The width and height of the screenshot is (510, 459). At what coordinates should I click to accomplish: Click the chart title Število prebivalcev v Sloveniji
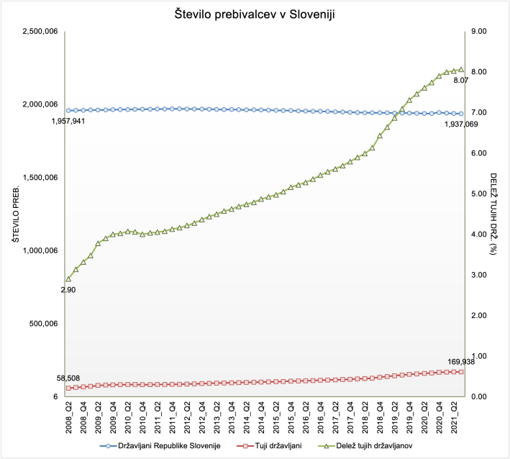tap(255, 14)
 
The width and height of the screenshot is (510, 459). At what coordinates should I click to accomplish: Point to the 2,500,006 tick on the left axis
tap(40, 31)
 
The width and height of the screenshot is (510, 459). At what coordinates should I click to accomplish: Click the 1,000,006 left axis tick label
tap(40, 250)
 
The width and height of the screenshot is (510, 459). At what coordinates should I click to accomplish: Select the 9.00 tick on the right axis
tap(478, 31)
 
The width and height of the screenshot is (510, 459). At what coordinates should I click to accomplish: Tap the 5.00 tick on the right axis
tap(478, 194)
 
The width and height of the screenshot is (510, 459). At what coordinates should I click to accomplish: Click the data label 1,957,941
tap(69, 122)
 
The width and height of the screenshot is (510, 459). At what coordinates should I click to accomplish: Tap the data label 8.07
tap(460, 81)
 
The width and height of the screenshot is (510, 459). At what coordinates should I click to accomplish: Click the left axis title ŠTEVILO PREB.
tap(14, 214)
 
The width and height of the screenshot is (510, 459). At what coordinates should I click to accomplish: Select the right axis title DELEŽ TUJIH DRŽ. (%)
tap(494, 214)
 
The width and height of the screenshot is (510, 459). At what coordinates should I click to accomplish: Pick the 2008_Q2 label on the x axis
tap(68, 417)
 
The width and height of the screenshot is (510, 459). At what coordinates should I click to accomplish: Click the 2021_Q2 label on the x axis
tap(454, 417)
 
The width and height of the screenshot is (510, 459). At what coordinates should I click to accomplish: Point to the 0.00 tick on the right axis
tap(478, 396)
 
